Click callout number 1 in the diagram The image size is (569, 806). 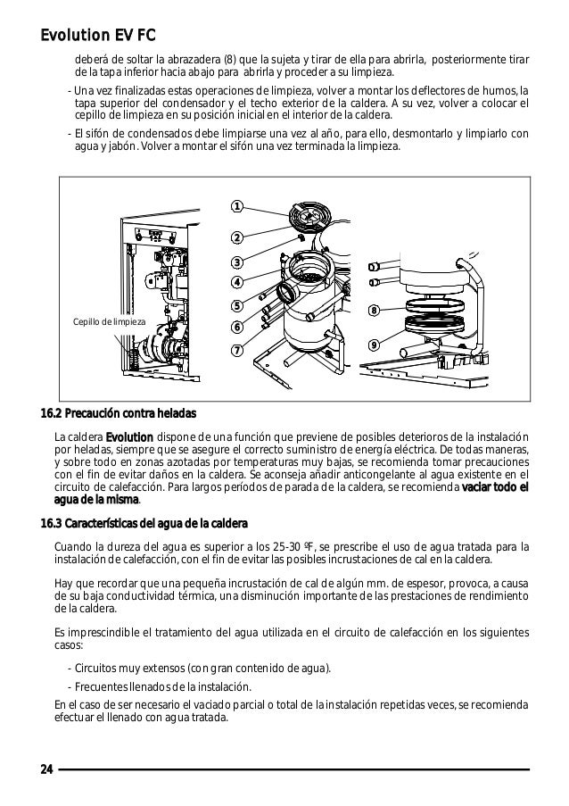point(236,208)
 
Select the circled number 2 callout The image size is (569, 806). point(236,237)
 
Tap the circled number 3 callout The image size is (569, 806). point(237,262)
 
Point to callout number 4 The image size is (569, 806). point(237,283)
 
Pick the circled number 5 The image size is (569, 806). point(237,306)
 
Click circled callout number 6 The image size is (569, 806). point(237,327)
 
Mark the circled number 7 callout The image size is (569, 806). point(237,350)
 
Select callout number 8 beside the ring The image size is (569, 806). point(375,311)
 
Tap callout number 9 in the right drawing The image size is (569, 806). point(375,345)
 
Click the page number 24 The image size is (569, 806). point(46,769)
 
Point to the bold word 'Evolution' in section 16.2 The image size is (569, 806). point(129,436)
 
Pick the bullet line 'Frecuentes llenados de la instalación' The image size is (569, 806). point(159,686)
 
